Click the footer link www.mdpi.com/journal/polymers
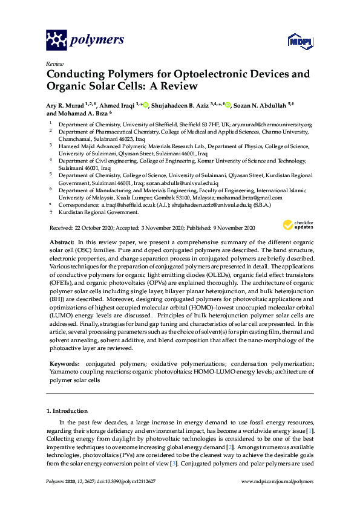(277, 481)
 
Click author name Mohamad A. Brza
(77, 113)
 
